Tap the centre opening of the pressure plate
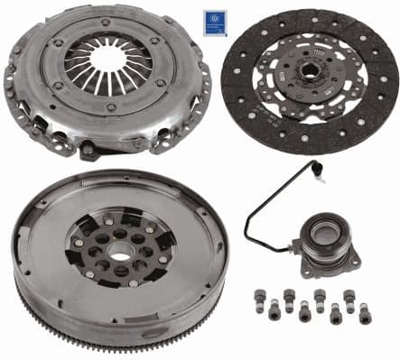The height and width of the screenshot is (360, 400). pos(108,60)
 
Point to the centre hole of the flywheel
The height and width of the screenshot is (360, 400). pos(120,246)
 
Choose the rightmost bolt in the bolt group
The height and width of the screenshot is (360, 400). pos(364,312)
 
